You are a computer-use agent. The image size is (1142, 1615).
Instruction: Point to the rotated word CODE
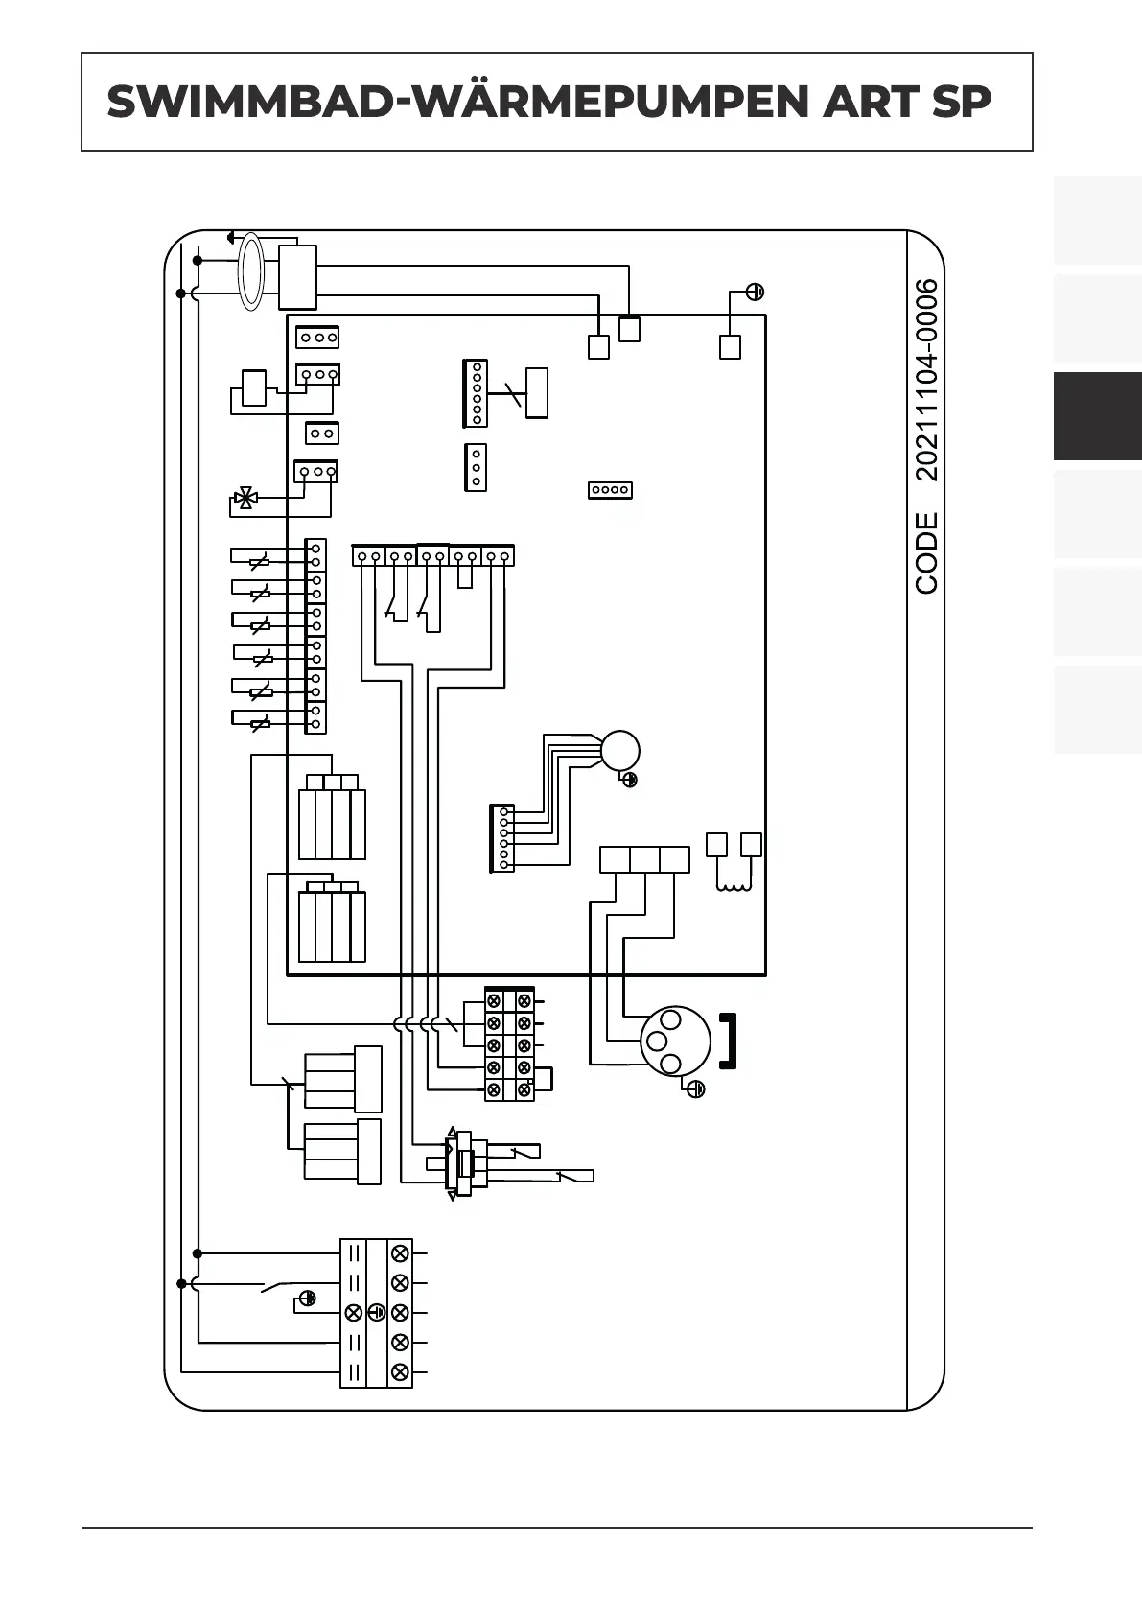pyautogui.click(x=926, y=552)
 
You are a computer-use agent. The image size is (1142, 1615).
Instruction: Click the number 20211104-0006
pyautogui.click(x=926, y=380)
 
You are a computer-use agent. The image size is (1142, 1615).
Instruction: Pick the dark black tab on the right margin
pyautogui.click(x=1097, y=416)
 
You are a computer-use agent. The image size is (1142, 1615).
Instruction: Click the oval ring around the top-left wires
pyautogui.click(x=250, y=271)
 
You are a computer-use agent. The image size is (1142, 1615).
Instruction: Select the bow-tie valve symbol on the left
pyautogui.click(x=245, y=499)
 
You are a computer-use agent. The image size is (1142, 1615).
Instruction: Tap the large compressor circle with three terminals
pyautogui.click(x=675, y=1040)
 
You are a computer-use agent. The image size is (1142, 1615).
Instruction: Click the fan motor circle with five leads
pyautogui.click(x=619, y=750)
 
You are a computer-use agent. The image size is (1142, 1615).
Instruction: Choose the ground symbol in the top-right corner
pyautogui.click(x=755, y=292)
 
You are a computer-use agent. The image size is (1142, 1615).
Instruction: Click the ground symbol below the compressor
pyautogui.click(x=696, y=1088)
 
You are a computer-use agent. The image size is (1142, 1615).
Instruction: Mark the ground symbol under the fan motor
pyautogui.click(x=630, y=780)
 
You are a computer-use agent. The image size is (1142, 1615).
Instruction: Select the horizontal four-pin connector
pyautogui.click(x=610, y=490)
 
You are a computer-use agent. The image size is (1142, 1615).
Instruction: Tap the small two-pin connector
pyautogui.click(x=322, y=433)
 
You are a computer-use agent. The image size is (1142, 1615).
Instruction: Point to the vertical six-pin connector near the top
pyautogui.click(x=476, y=392)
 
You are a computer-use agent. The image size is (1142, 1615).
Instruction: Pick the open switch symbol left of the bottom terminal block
pyautogui.click(x=276, y=1285)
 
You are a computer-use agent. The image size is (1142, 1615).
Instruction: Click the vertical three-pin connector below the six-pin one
pyautogui.click(x=476, y=467)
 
